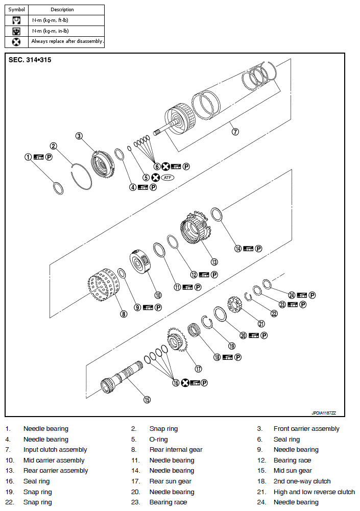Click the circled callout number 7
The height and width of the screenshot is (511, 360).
[x=235, y=132]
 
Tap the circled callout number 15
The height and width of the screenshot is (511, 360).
[x=147, y=400]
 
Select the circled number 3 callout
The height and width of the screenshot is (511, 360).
[x=79, y=136]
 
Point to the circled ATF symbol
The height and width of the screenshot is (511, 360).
[x=167, y=178]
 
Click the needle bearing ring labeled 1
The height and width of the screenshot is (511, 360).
[x=59, y=188]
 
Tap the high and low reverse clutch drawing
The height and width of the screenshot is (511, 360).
[x=234, y=307]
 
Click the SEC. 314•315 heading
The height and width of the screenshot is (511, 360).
[x=30, y=60]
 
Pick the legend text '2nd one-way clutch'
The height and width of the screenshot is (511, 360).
[x=302, y=481]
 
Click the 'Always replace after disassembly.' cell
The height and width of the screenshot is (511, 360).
[x=67, y=41]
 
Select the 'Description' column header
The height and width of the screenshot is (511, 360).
[x=62, y=10]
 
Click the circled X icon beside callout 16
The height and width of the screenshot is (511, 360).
[x=185, y=383]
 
